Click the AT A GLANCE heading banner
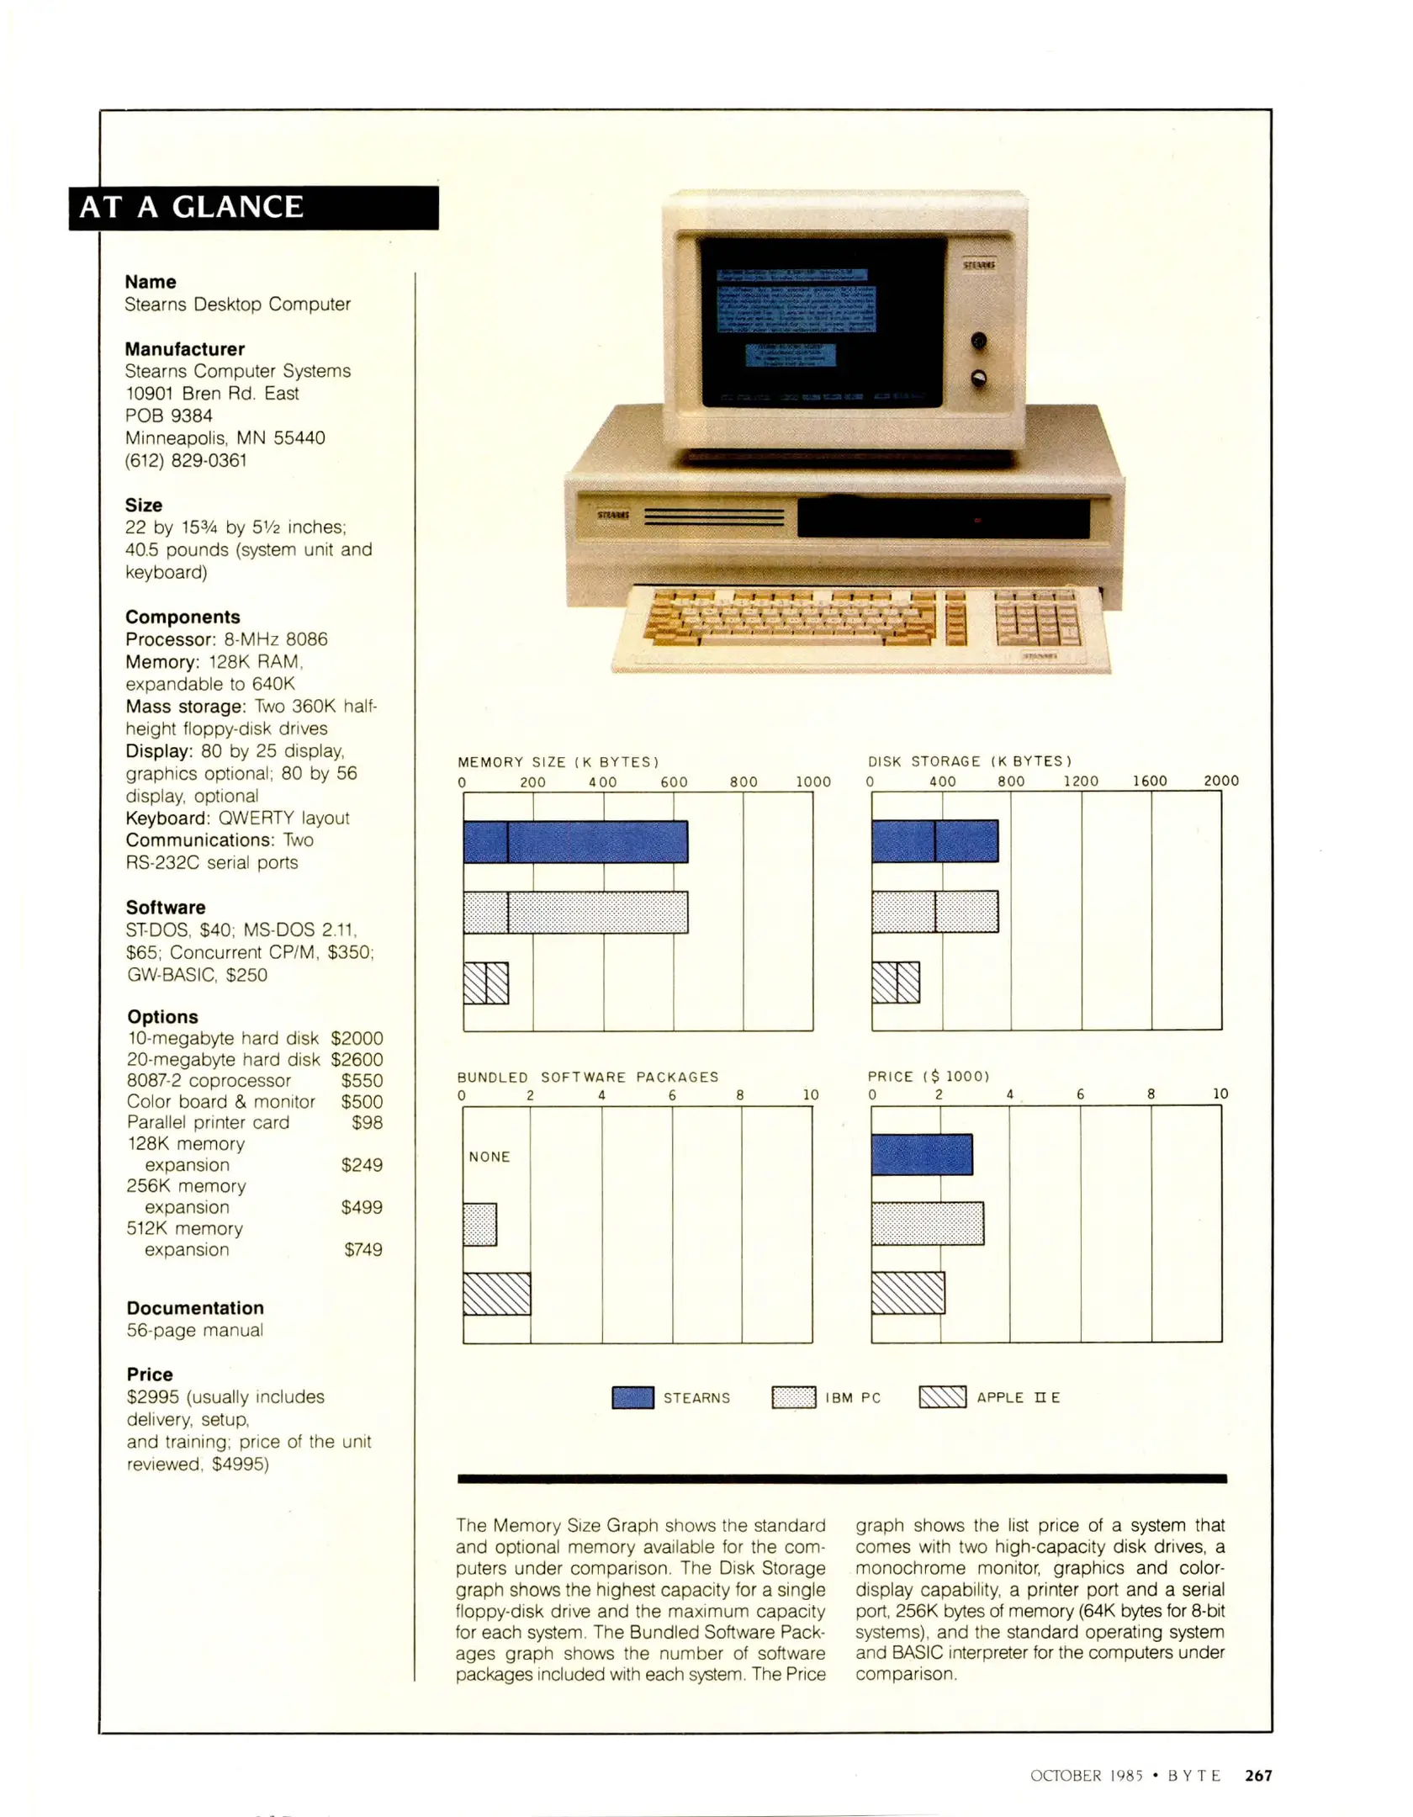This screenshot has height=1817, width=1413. point(252,208)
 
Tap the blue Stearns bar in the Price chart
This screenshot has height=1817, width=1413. point(922,1154)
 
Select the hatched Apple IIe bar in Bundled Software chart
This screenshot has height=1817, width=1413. point(496,1294)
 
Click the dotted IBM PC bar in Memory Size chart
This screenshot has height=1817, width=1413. point(575,912)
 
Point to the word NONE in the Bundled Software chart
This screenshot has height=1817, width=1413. point(490,1157)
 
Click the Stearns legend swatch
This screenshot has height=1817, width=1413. point(632,1397)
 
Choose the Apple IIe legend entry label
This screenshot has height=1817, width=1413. point(1018,1397)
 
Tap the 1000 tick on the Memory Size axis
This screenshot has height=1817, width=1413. point(813,781)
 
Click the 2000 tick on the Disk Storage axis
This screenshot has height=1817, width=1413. point(1220,781)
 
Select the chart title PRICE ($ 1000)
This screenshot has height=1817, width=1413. point(929,1076)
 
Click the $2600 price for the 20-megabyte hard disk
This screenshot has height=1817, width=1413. point(357,1059)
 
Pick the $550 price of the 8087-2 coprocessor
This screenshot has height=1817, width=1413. point(362,1080)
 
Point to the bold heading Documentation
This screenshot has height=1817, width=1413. point(195,1307)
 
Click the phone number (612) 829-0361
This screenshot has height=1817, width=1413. point(186,460)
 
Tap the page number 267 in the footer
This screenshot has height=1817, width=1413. point(1258,1775)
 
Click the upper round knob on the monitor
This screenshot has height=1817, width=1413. point(979,341)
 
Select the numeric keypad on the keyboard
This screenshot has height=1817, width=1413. point(1036,619)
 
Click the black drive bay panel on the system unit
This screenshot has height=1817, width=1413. point(943,519)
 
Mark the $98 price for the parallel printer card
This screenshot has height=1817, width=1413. point(367,1122)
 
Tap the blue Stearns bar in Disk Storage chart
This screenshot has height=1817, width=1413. point(934,840)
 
